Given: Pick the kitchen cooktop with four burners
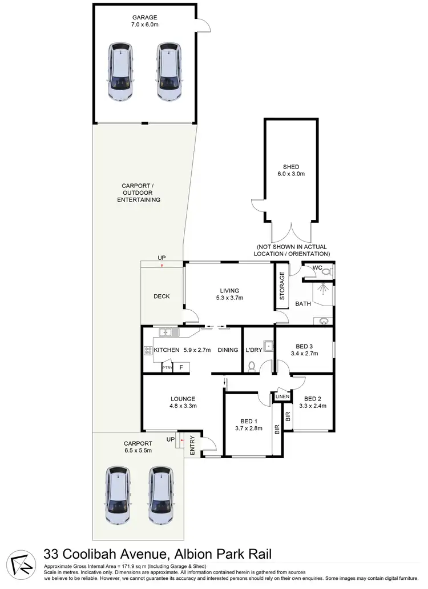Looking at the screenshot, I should (147, 350).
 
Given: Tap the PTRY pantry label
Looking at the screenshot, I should (167, 368).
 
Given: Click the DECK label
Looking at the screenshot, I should (161, 296).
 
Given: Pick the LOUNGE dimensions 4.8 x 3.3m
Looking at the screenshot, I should (183, 406).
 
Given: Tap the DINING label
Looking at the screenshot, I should (227, 350).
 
